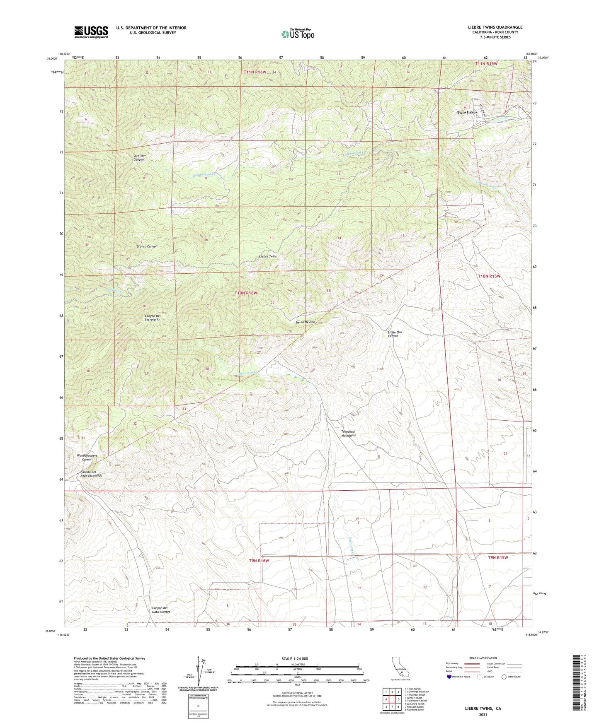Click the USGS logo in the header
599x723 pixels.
coord(91,31)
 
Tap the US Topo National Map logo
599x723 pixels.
coord(297,34)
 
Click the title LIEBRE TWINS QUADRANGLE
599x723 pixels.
coord(489,27)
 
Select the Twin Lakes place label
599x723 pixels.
coord(467,112)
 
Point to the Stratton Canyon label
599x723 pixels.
coord(139,157)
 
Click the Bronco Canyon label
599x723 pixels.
coord(147,246)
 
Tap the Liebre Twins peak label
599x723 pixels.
coord(268,256)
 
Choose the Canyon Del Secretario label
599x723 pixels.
coord(153,318)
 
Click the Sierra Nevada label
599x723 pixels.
coord(306,322)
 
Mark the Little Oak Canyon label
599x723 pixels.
coord(395,334)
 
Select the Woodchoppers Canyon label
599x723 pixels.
coord(87,457)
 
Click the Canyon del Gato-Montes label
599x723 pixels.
coord(161,610)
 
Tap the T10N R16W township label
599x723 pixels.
coord(246,293)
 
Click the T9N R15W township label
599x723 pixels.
coord(497,557)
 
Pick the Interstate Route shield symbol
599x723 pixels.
coord(450,677)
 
